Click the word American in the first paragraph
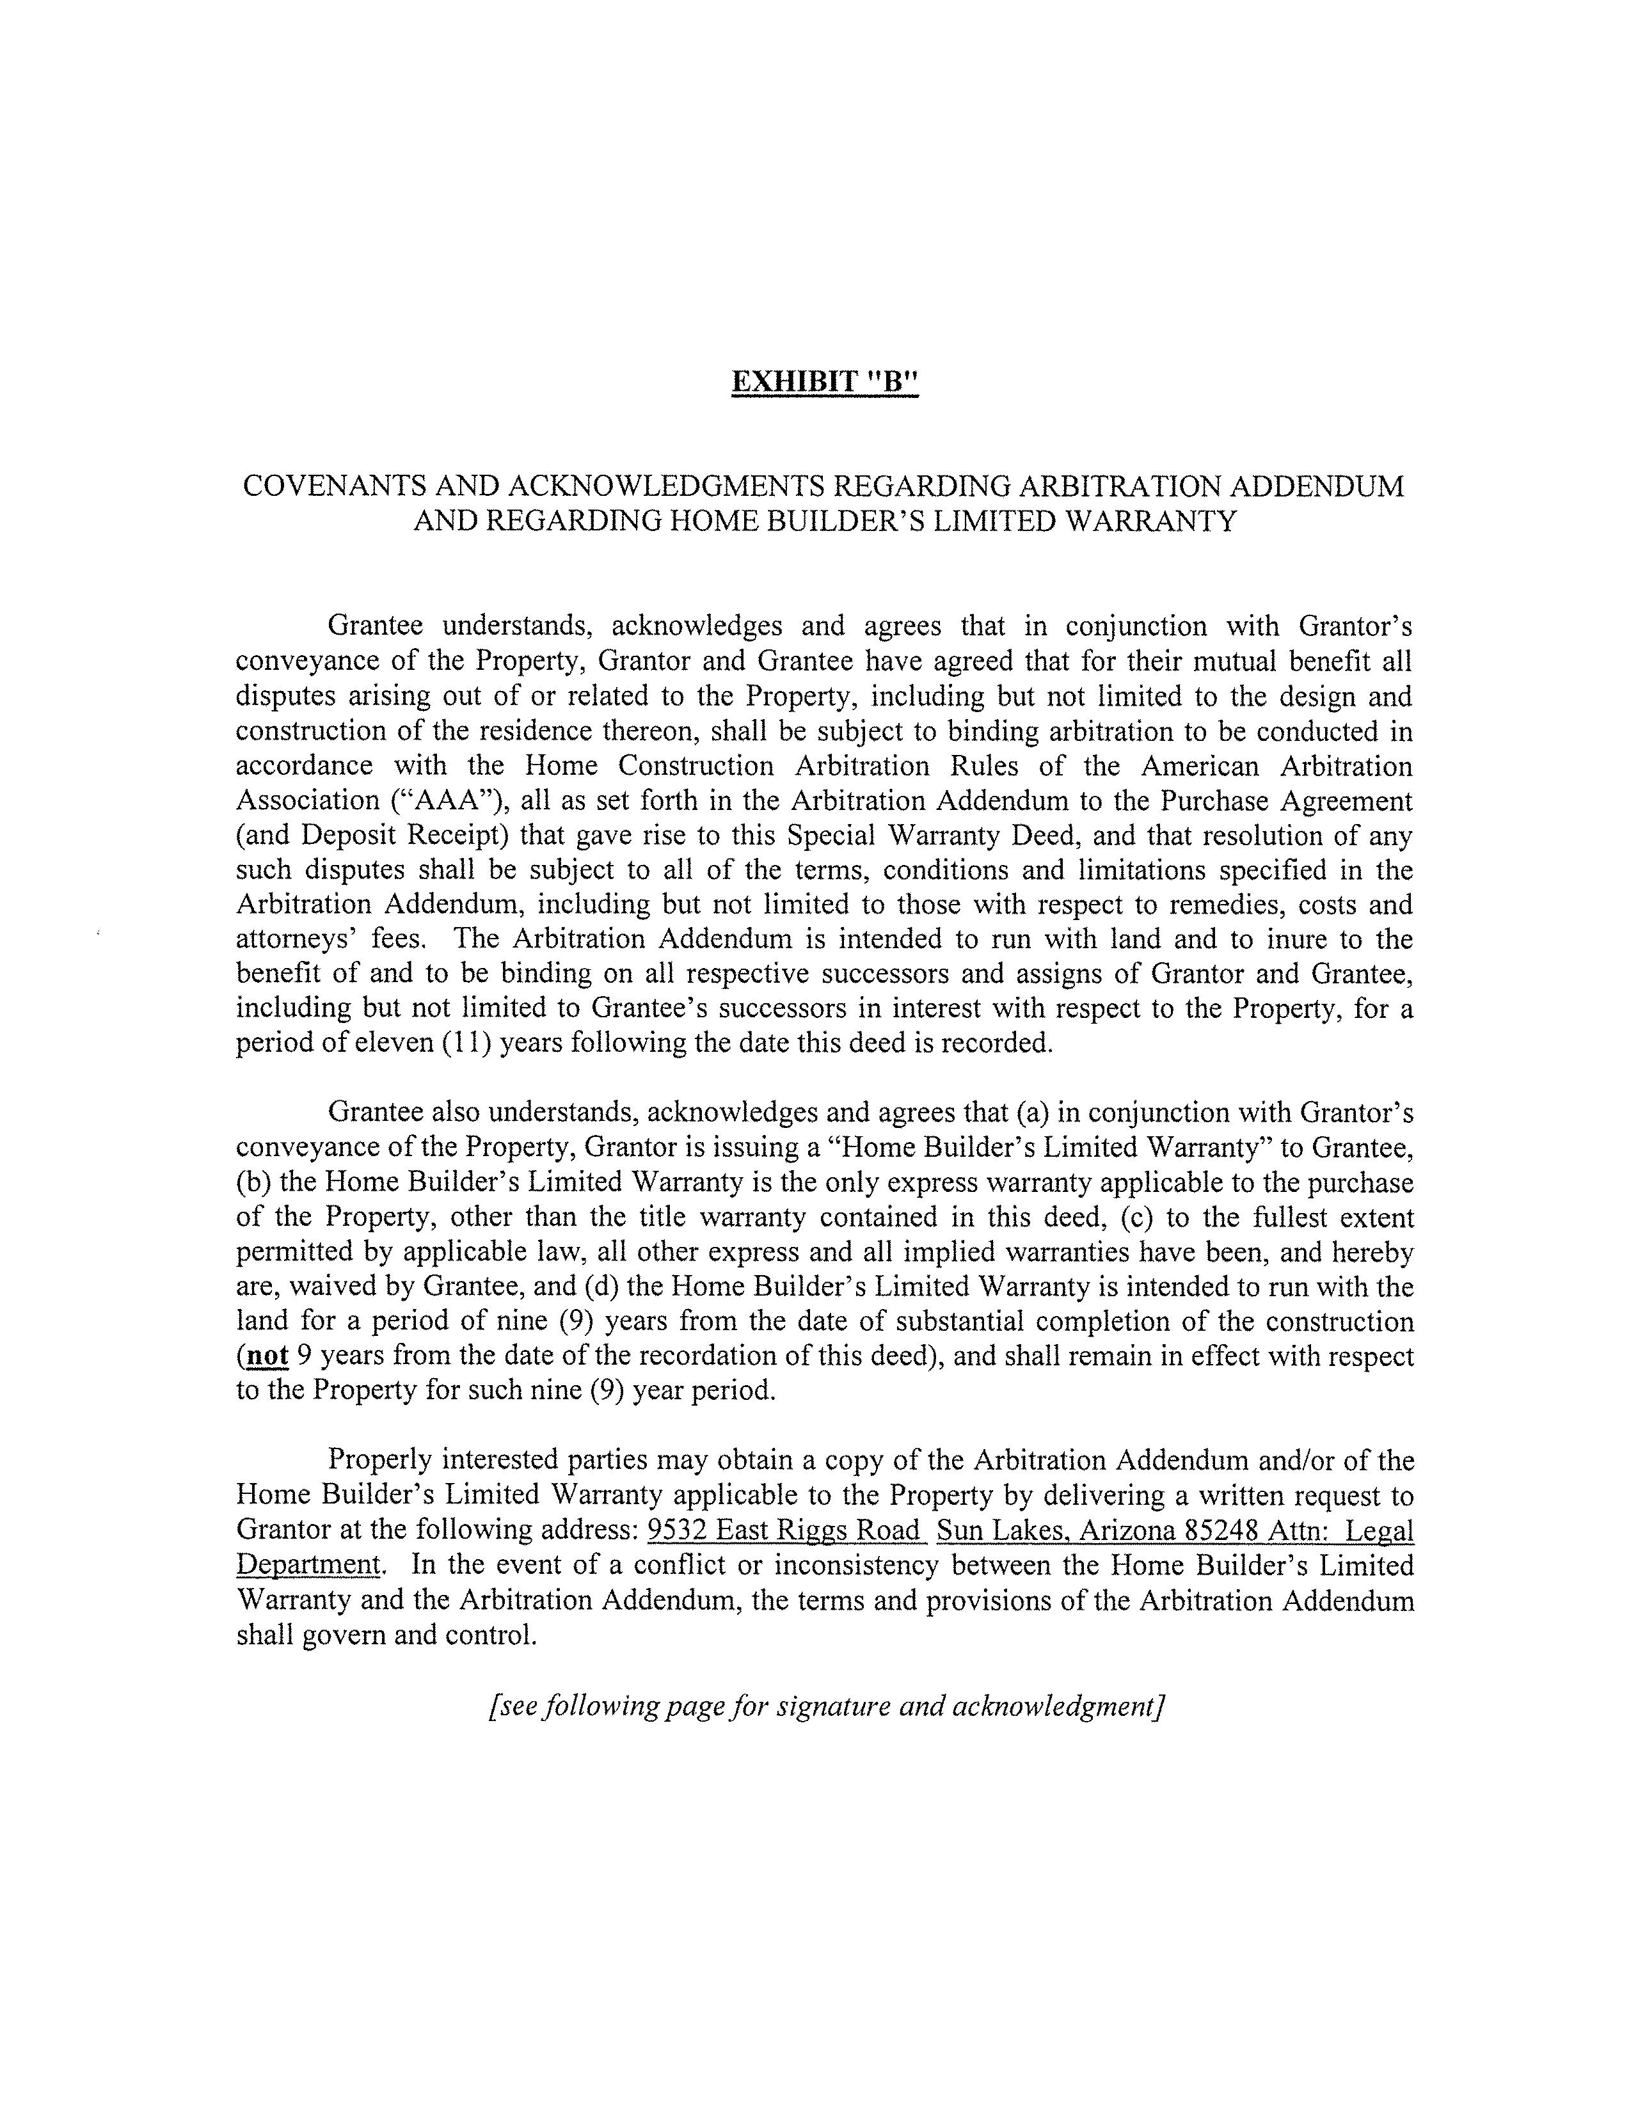1200,766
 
